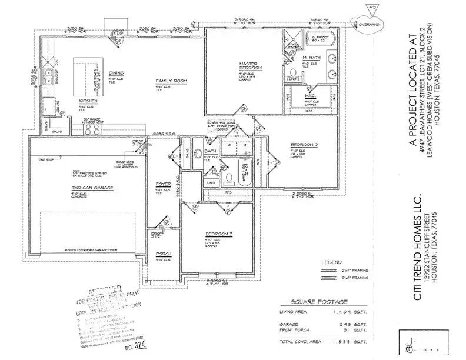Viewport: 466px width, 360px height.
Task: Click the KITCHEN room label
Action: tap(88, 101)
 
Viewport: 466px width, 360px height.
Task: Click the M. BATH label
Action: tap(311, 57)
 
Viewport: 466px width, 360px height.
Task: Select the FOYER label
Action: tap(163, 184)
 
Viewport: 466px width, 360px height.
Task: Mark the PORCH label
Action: tap(163, 254)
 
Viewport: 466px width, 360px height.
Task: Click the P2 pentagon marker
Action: tap(370, 9)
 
